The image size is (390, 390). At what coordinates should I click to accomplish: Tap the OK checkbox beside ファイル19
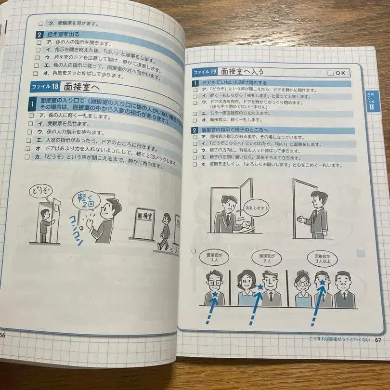coord(337,73)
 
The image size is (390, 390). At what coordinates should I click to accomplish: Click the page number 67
coord(378,339)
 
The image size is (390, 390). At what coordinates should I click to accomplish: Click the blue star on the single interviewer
coord(215,294)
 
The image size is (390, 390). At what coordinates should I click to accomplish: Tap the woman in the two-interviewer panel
coord(246,287)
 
